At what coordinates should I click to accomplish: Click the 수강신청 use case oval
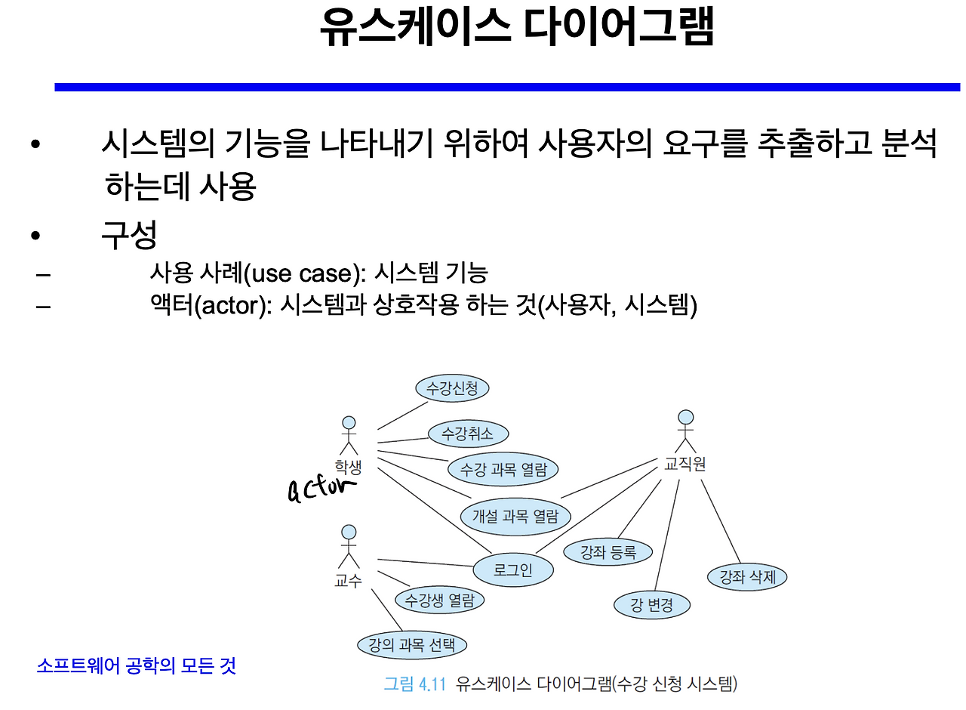pyautogui.click(x=453, y=389)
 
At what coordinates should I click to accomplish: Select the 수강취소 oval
pyautogui.click(x=468, y=434)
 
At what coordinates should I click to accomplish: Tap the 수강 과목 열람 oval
pyautogui.click(x=503, y=469)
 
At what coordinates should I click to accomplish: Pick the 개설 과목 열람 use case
pyautogui.click(x=515, y=517)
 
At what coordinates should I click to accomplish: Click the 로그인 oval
pyautogui.click(x=513, y=570)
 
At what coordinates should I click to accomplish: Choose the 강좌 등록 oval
pyautogui.click(x=608, y=552)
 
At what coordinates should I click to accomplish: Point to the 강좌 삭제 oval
pyautogui.click(x=747, y=578)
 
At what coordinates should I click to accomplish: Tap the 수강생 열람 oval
pyautogui.click(x=440, y=600)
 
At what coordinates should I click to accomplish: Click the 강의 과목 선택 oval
pyautogui.click(x=412, y=645)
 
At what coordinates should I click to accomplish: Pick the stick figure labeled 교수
pyautogui.click(x=348, y=548)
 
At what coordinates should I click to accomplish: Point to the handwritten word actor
pyautogui.click(x=321, y=489)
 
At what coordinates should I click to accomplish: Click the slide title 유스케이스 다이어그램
pyautogui.click(x=516, y=29)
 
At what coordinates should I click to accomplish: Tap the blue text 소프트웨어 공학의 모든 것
pyautogui.click(x=136, y=665)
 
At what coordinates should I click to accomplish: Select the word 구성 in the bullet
pyautogui.click(x=129, y=236)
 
